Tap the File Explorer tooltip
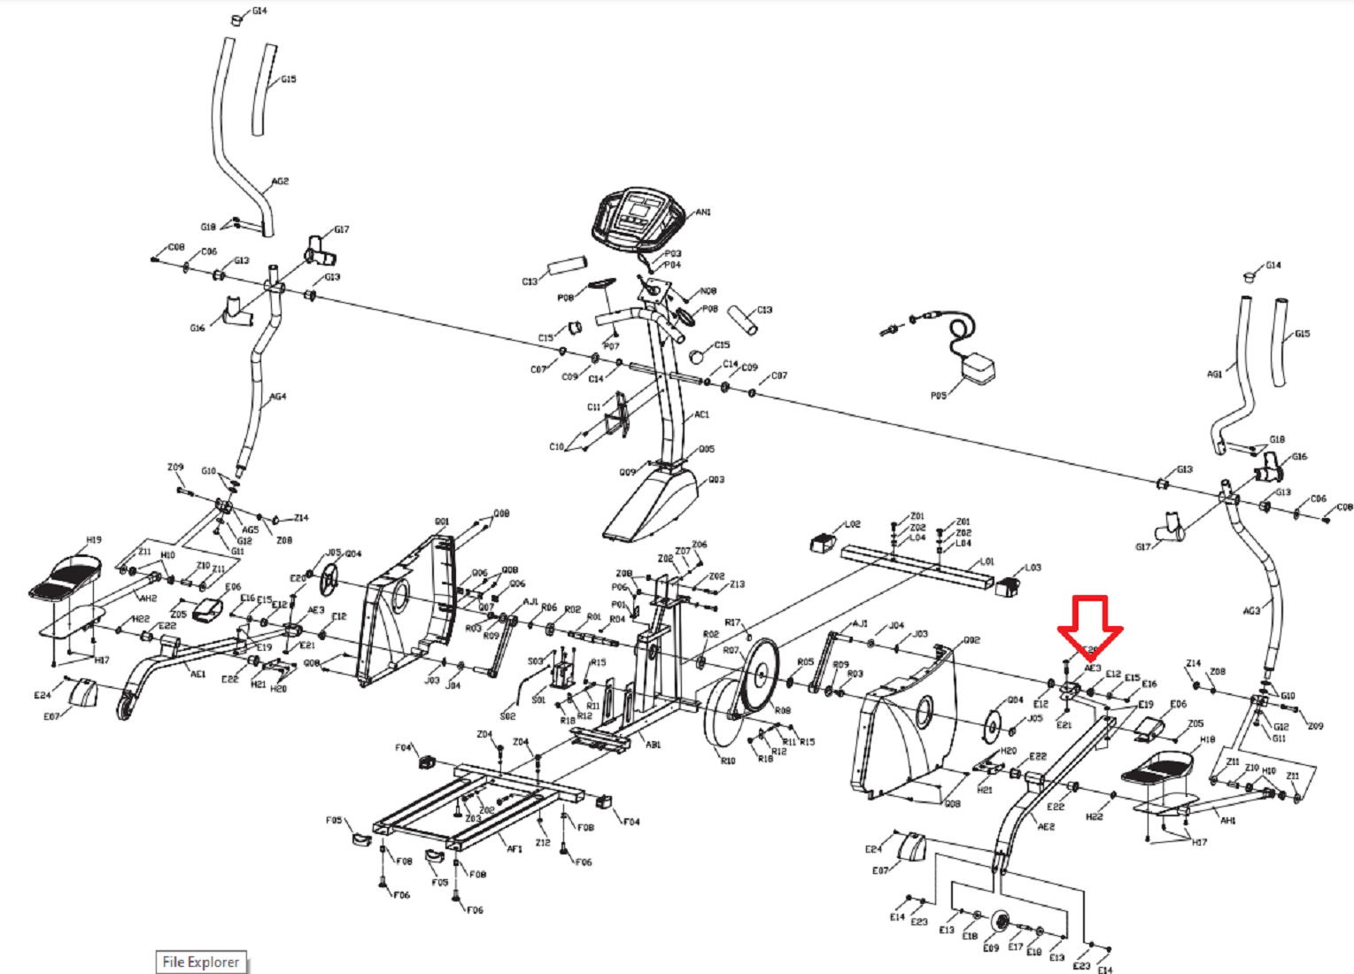pos(200,962)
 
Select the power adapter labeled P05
pos(978,367)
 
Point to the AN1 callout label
pos(703,213)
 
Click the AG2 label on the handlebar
pos(280,182)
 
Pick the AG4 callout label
pos(278,397)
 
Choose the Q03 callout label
pos(716,480)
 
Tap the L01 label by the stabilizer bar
pos(987,561)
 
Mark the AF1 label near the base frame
pos(515,848)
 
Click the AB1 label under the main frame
pos(653,745)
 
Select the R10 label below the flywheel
pos(727,761)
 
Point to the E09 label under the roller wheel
pos(991,947)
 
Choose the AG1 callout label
pos(1214,375)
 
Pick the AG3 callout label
pos(1251,611)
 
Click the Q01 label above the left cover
pos(441,522)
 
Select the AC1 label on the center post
pos(701,414)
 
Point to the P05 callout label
pos(939,396)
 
